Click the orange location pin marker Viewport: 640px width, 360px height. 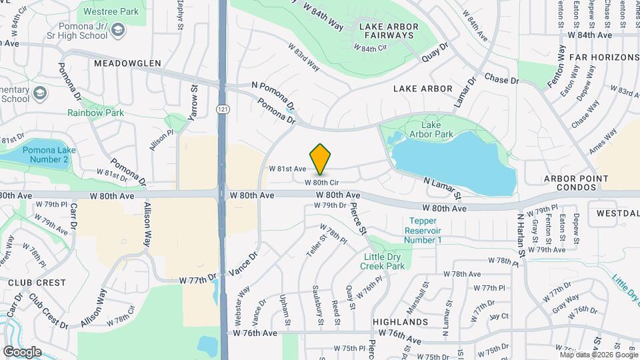click(x=321, y=159)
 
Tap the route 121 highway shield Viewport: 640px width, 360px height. click(x=222, y=108)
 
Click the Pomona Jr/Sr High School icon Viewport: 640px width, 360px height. click(x=119, y=30)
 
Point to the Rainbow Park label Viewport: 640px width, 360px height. click(x=95, y=113)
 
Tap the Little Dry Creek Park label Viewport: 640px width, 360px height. click(x=385, y=261)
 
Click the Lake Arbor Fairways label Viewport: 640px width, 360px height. click(x=389, y=31)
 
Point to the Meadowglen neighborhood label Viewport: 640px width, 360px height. click(x=127, y=63)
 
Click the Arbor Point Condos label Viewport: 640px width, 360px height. click(x=576, y=183)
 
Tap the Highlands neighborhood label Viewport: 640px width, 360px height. click(x=400, y=322)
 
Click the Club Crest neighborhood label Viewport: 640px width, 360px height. click(x=28, y=283)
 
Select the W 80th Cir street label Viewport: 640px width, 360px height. click(x=323, y=182)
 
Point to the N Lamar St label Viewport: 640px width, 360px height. click(x=442, y=188)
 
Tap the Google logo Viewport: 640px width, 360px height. click(x=22, y=351)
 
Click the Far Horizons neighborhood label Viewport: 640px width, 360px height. click(x=604, y=58)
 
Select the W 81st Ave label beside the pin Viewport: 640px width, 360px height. click(x=287, y=169)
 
